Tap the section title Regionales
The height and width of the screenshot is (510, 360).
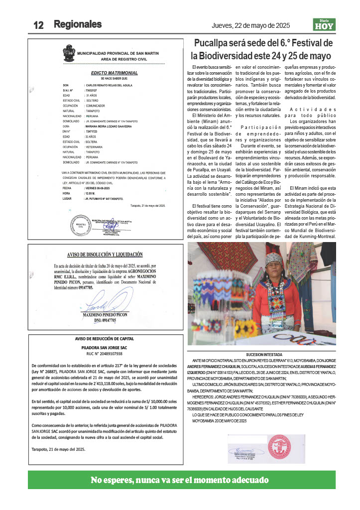(x=78, y=24)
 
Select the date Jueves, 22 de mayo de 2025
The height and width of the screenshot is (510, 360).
(x=250, y=25)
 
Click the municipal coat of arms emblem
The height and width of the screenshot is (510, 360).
(x=69, y=51)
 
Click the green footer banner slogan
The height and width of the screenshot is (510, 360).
(x=180, y=481)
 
